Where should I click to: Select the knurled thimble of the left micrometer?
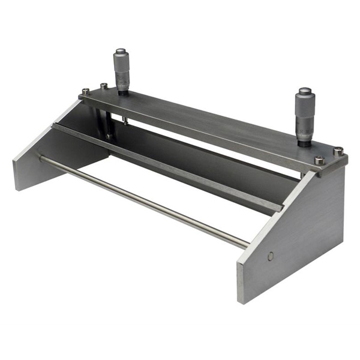click(122, 64)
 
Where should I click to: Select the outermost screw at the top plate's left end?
click(86, 92)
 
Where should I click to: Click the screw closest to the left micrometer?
click(104, 86)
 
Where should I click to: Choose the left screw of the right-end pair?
click(319, 160)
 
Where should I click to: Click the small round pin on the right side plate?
click(271, 256)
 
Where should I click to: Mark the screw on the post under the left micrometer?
click(109, 137)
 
